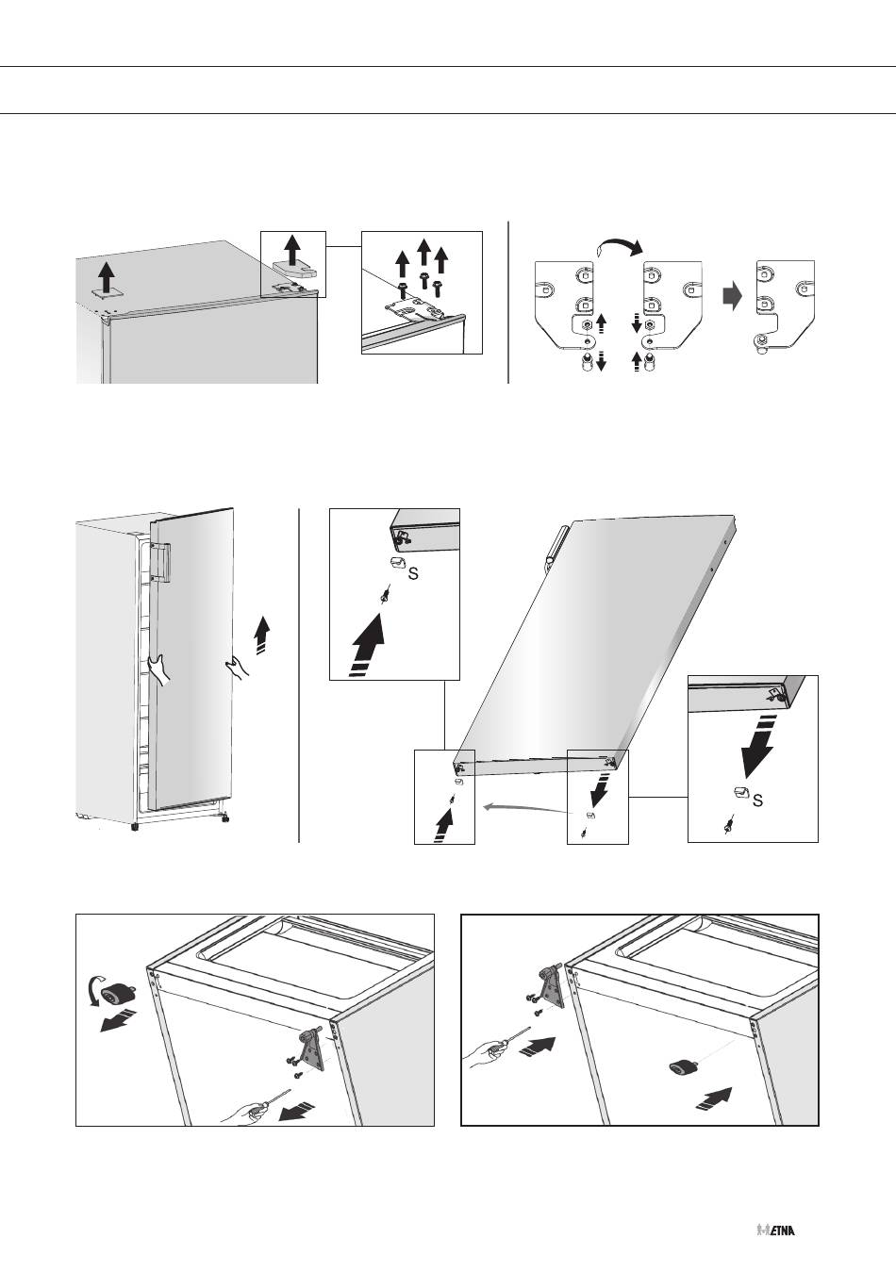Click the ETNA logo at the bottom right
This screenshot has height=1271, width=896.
point(775,1226)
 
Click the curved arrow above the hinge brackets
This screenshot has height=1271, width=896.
point(619,243)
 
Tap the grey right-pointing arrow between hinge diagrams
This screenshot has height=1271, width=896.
point(733,297)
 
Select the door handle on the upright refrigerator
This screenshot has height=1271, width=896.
point(160,562)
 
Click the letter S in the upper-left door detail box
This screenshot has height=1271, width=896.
point(414,574)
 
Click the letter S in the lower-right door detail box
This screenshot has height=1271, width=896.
point(757,801)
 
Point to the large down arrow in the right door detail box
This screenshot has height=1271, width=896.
point(758,747)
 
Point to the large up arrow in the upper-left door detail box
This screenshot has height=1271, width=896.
point(367,643)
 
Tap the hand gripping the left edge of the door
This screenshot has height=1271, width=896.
point(158,669)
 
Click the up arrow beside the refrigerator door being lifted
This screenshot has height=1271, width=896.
point(261,635)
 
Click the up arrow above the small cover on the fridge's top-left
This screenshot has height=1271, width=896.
point(106,278)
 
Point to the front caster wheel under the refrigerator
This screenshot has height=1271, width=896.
point(135,827)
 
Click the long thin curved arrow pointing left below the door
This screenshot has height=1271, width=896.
point(525,807)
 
